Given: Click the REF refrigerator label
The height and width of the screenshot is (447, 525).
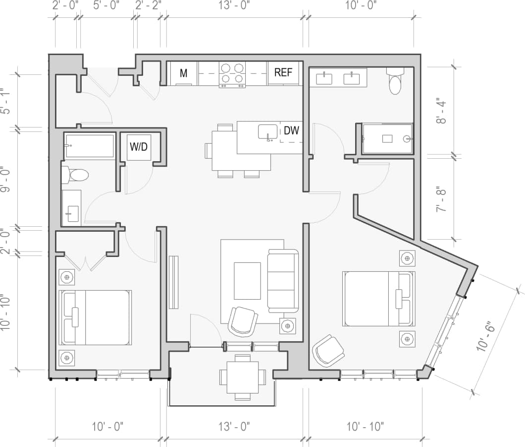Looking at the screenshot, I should coord(283,73).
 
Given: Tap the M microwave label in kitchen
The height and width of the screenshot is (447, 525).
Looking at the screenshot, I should coord(184,73).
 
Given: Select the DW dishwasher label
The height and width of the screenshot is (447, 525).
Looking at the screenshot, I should coord(291,131).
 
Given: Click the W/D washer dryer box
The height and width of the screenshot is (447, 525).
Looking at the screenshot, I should coord(139,147).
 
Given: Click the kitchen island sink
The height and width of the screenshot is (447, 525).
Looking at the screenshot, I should coord(268,132).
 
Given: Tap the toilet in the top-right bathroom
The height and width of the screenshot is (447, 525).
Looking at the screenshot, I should coord(395,82).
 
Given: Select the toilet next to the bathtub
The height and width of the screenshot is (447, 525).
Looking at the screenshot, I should coord(75,175).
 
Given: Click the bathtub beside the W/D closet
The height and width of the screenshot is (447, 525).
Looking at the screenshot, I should coord(90,146).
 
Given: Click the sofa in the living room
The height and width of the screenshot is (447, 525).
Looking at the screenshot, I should coord(283,281).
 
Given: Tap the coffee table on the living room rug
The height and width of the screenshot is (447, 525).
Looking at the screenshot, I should coord(247,281).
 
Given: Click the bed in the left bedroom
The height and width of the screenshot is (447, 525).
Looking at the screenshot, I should coord(95,318).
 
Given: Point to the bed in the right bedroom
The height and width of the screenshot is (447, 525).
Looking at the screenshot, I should coord(377,298).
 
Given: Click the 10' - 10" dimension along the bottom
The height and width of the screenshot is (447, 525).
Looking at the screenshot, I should coord(365,426).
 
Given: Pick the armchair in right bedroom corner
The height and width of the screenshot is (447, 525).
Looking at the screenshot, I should coord(329,350).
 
